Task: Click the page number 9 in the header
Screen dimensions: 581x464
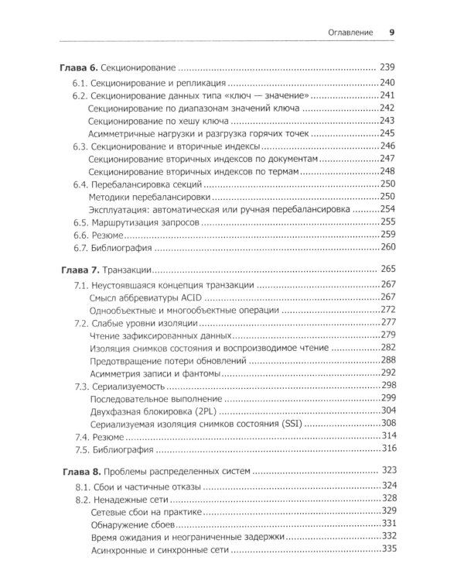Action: pos(392,33)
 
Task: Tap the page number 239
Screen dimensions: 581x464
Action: pos(388,67)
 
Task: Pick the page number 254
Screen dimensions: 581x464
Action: pos(388,208)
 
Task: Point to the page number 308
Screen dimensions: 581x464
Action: pos(388,422)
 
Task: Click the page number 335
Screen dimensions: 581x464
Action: pos(388,548)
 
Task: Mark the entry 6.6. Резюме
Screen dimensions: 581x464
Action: pos(103,234)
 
